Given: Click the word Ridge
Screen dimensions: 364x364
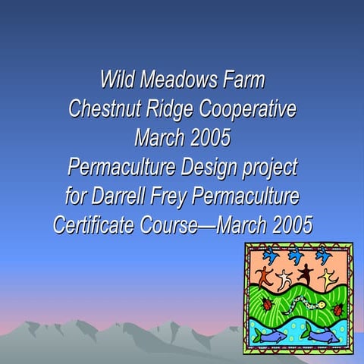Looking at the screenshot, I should pos(167,110).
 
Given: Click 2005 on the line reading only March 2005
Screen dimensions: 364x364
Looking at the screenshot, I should pos(206,139).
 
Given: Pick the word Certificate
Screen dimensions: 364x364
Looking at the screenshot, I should pos(97,225).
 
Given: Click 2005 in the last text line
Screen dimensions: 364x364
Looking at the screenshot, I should pos(287,225).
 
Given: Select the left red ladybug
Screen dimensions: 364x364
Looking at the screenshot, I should pos(267,304).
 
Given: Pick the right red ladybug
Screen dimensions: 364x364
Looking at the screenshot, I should pos(338,309).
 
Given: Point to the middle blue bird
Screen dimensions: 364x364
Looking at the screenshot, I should pos(294,256).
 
